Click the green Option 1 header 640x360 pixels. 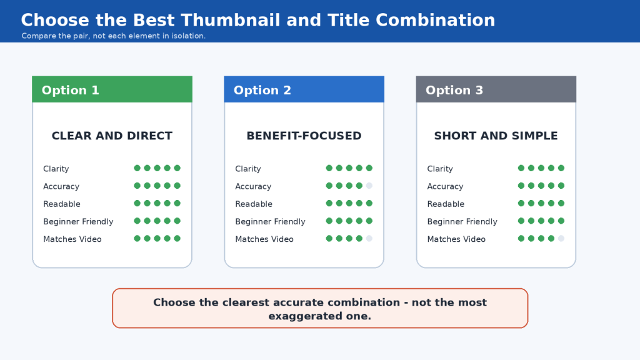tap(112, 89)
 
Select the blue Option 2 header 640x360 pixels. tap(304, 89)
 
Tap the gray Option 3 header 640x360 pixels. tap(496, 89)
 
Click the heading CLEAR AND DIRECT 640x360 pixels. tap(112, 136)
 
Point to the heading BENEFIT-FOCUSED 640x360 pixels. tap(304, 136)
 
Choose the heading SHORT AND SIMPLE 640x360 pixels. tap(496, 136)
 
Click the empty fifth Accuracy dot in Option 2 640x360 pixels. tap(369, 186)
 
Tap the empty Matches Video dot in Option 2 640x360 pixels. tap(369, 238)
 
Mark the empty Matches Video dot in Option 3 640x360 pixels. tap(561, 238)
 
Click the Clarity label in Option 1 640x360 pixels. tap(56, 169)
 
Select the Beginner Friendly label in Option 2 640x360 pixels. tap(270, 222)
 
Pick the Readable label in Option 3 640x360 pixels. tap(446, 204)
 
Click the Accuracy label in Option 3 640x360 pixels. tap(445, 186)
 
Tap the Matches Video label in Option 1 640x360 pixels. tap(72, 239)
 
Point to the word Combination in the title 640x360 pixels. tap(435, 20)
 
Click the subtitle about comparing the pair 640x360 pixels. tap(114, 36)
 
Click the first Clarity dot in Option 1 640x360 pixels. tap(137, 168)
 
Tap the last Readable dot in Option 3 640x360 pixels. tap(561, 203)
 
